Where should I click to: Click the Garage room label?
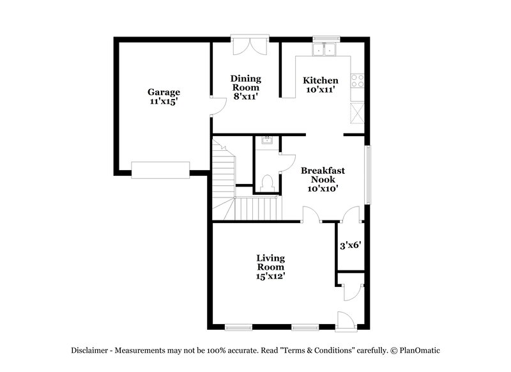tap(164, 92)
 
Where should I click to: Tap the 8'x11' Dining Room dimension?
tap(246, 97)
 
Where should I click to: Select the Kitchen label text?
tap(320, 81)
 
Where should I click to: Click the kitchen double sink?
tap(325, 49)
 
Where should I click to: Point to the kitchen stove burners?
tap(358, 81)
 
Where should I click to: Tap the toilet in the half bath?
tap(267, 182)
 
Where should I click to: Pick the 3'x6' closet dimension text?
tap(349, 245)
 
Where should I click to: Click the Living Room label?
tap(271, 262)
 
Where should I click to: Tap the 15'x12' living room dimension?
tap(271, 276)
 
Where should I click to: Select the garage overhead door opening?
tap(160, 169)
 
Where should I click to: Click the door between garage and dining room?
tap(217, 105)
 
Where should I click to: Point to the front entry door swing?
tap(345, 320)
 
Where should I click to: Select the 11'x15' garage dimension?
tap(164, 102)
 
